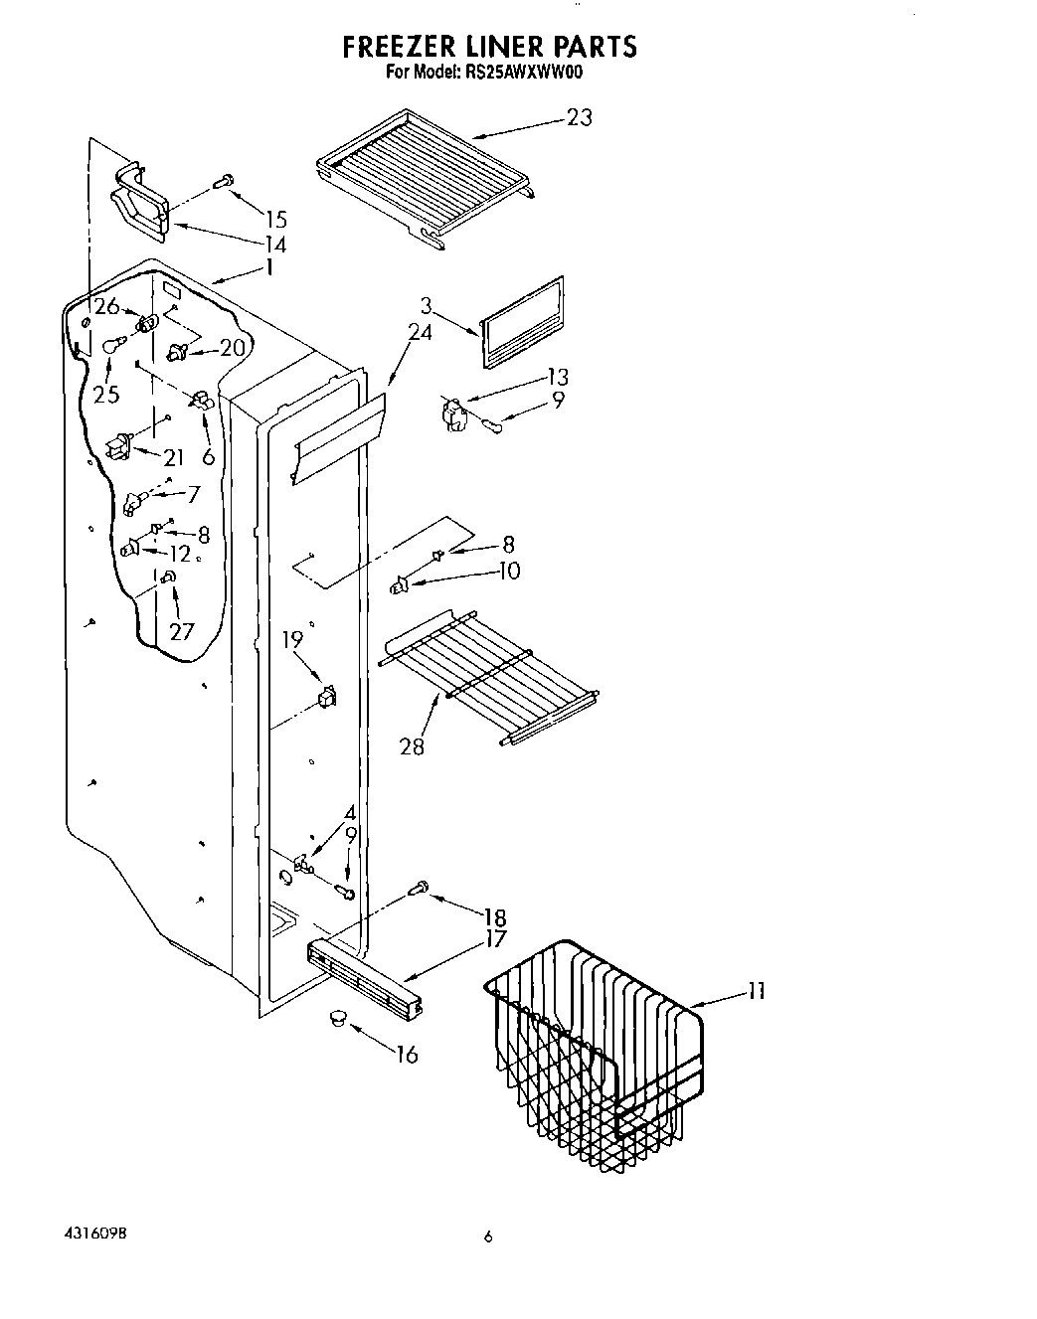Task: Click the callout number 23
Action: (579, 117)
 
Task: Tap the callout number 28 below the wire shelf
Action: (412, 745)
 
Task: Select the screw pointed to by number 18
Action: (421, 888)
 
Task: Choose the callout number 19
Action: (292, 639)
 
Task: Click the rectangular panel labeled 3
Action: (522, 322)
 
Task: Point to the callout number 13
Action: (557, 376)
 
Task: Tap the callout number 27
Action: (182, 630)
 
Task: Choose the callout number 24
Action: (421, 332)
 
